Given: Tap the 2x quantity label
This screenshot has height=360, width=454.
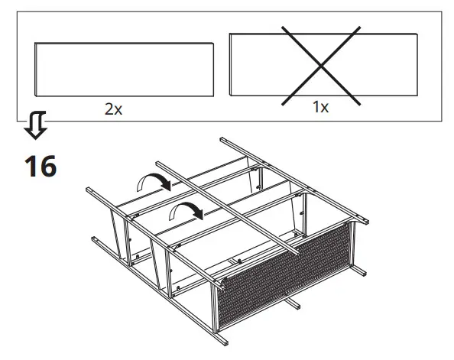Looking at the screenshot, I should click(113, 109).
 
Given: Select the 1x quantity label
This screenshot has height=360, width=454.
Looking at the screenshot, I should click(320, 107).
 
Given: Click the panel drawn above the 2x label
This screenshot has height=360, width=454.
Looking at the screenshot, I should click(123, 68).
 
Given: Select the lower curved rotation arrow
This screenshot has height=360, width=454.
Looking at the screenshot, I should click(186, 209).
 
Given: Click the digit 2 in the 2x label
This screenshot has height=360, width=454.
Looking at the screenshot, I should click(109, 109).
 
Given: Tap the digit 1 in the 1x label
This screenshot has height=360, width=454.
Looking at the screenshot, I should click(316, 107).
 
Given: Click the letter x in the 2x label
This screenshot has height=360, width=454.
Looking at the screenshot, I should click(118, 109).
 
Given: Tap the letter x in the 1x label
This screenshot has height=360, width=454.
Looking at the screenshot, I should click(325, 108).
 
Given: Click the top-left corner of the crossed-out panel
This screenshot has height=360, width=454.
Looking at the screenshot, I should click(229, 34).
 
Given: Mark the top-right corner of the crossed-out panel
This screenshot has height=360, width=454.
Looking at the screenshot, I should click(417, 33).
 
